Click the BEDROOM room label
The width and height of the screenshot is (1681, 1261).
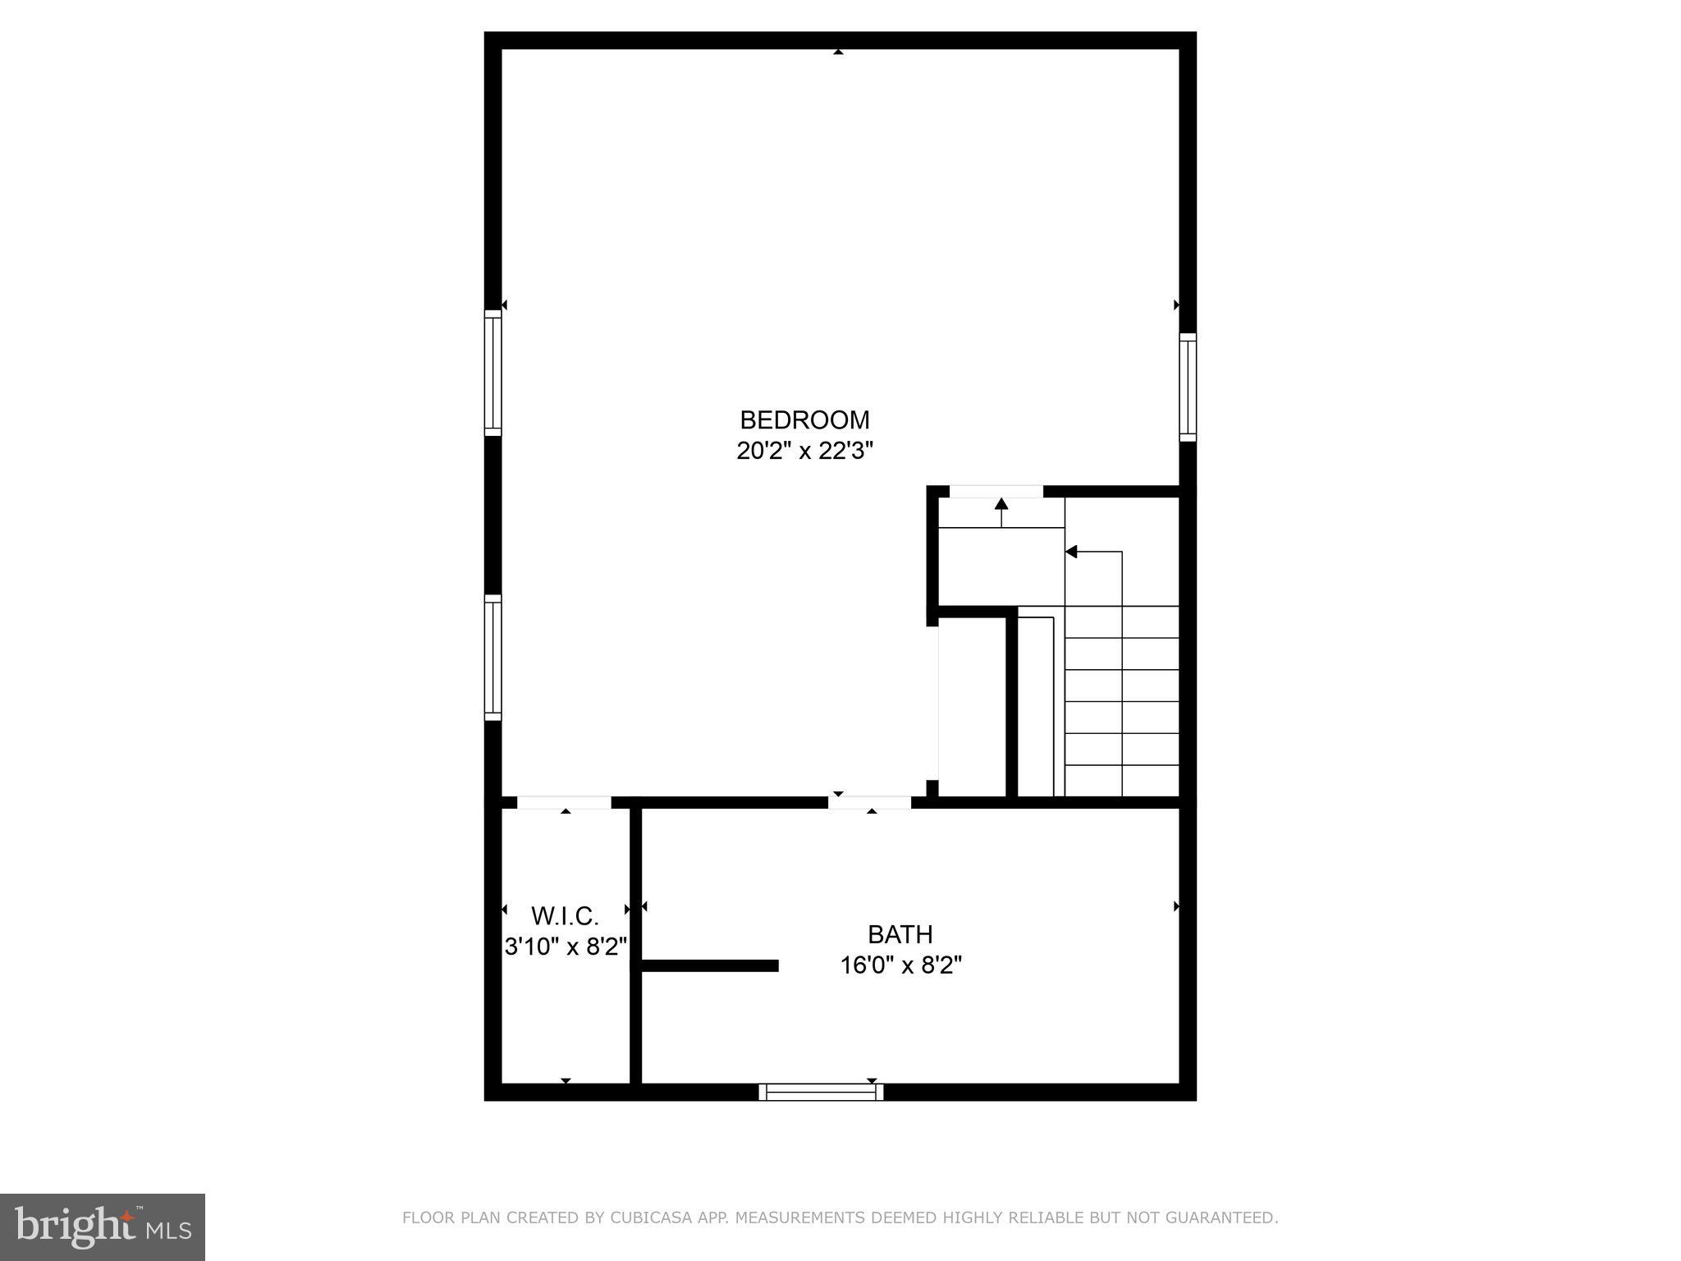click(x=804, y=420)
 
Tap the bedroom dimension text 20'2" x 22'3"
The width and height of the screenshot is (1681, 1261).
click(x=804, y=451)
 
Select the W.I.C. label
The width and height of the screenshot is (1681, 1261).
click(x=565, y=915)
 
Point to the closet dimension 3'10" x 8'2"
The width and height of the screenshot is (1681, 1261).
click(x=566, y=947)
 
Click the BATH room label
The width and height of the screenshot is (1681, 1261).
click(x=900, y=934)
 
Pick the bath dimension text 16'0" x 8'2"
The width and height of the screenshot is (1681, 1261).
click(x=900, y=965)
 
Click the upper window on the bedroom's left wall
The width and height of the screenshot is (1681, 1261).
click(x=492, y=374)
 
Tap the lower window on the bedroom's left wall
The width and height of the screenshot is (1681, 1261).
click(x=492, y=657)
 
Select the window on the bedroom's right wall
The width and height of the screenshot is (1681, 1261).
click(x=1188, y=387)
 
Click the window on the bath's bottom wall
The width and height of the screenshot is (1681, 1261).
click(x=821, y=1092)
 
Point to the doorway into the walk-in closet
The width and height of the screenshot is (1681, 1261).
click(x=564, y=802)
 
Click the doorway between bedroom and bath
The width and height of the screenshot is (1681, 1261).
click(x=870, y=802)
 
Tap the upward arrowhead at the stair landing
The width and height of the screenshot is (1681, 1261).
click(x=1001, y=502)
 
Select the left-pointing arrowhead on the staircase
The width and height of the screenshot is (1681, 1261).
click(x=1071, y=552)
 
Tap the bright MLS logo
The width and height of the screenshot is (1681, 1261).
click(x=103, y=1227)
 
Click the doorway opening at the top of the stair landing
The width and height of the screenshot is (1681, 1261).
click(x=996, y=492)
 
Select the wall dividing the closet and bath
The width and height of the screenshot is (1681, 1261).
click(x=635, y=944)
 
